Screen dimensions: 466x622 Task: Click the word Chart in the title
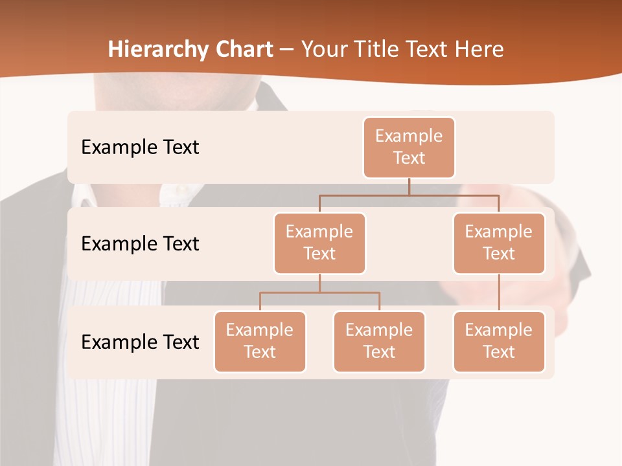[x=241, y=50]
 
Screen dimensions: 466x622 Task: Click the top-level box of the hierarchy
[x=409, y=147]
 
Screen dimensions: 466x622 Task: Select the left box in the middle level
[x=319, y=243]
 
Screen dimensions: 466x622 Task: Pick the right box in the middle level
[x=499, y=243]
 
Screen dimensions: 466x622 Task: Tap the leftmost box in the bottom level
[x=260, y=341]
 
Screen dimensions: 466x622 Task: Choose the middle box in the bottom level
[x=379, y=341]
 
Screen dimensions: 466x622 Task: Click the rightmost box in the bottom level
[x=499, y=341]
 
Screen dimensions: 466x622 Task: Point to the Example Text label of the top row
[x=140, y=147]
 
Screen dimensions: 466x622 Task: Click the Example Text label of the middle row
[x=140, y=243]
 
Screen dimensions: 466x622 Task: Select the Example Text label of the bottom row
[x=140, y=342]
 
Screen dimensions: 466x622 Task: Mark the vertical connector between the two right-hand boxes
[x=499, y=293]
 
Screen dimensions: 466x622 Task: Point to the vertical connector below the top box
[x=409, y=186]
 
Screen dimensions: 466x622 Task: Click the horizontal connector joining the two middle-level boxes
[x=409, y=195]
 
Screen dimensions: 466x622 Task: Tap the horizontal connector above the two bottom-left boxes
[x=319, y=293]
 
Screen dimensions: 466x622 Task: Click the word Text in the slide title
[x=429, y=50]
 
